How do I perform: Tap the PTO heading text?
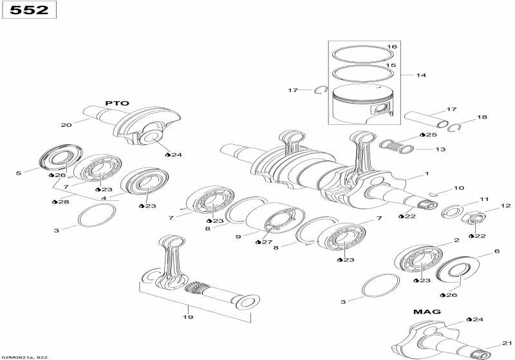(118, 103)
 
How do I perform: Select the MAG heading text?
(427, 312)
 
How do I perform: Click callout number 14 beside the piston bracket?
(421, 75)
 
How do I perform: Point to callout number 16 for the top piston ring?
(391, 47)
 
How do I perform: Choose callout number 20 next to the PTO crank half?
(66, 125)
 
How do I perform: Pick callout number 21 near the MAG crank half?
(506, 343)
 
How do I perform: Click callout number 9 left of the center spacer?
(238, 237)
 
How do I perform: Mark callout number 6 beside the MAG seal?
(496, 251)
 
